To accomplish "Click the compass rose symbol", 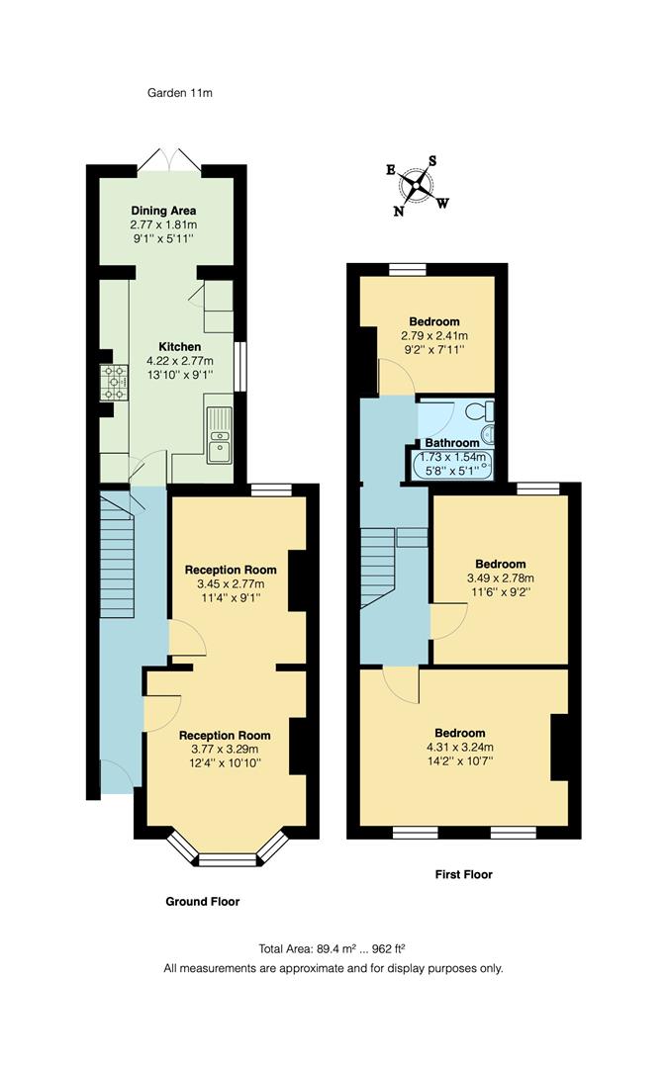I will pos(422,184).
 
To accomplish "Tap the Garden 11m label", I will pos(180,93).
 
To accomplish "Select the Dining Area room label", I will pos(163,211).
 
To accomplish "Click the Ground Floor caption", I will pos(202,901).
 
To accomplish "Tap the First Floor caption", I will pos(463,874).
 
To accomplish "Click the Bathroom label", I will pos(451,443).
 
